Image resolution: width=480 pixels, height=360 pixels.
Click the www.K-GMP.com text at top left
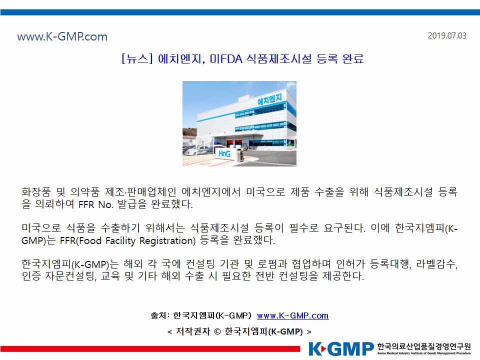click(x=62, y=36)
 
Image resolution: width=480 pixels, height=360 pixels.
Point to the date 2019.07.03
click(x=447, y=35)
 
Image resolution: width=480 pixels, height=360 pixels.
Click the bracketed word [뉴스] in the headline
click(x=137, y=58)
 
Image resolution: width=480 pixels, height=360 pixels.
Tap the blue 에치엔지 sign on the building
click(x=269, y=99)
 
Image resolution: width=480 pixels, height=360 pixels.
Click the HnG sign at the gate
click(x=224, y=153)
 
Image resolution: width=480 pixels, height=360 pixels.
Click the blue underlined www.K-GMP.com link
click(x=292, y=315)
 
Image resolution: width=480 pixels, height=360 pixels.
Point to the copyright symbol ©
click(x=217, y=331)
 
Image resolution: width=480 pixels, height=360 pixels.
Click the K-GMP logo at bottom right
click(x=341, y=349)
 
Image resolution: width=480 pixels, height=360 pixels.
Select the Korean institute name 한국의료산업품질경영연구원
click(x=424, y=346)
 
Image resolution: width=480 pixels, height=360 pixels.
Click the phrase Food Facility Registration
click(x=137, y=240)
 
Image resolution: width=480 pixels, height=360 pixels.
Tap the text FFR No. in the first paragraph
click(x=96, y=204)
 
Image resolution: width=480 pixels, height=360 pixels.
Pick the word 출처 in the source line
click(x=158, y=315)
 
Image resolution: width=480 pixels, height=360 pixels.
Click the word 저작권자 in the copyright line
click(x=193, y=331)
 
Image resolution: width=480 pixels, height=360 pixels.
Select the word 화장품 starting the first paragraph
click(x=36, y=192)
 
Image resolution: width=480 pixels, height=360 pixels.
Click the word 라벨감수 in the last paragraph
click(x=435, y=264)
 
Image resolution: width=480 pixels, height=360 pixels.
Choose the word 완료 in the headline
click(x=352, y=58)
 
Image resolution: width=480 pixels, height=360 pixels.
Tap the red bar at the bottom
click(x=150, y=348)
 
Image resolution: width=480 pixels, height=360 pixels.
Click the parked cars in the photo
click(x=196, y=149)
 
